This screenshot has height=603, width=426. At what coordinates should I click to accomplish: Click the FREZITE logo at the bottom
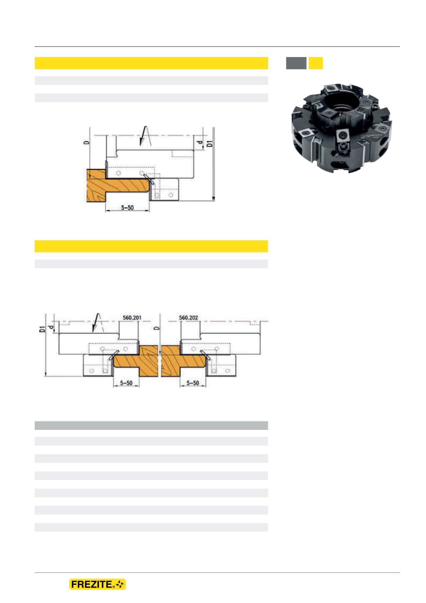point(97,585)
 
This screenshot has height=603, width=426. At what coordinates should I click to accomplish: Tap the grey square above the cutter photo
point(296,63)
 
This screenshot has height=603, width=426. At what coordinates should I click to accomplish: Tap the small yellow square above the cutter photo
point(316,63)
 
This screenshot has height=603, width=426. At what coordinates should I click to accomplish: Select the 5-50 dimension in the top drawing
point(127,208)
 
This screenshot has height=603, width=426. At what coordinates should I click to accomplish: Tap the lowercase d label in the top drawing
point(199,143)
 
